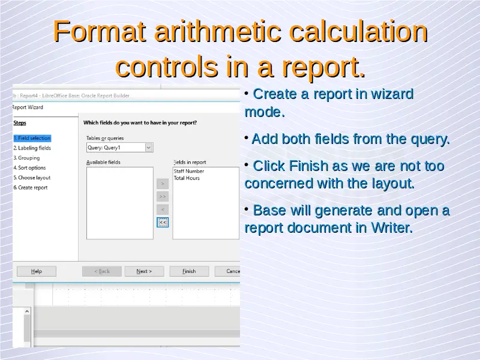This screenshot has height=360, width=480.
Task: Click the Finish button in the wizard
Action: pyautogui.click(x=189, y=271)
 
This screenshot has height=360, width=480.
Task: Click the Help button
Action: pyautogui.click(x=37, y=271)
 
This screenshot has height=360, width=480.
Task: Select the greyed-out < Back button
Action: pyautogui.click(x=102, y=271)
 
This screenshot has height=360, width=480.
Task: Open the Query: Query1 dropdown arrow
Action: pyautogui.click(x=149, y=148)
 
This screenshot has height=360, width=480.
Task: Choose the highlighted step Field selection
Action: pyautogui.click(x=32, y=138)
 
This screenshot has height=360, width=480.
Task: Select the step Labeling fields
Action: pyautogui.click(x=32, y=148)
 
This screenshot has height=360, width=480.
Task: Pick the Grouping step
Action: pyautogui.click(x=26, y=158)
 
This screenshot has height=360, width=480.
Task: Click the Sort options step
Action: pyautogui.click(x=29, y=168)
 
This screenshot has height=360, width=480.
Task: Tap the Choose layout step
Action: pyautogui.click(x=32, y=178)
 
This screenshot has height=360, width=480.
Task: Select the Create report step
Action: pyautogui.click(x=31, y=188)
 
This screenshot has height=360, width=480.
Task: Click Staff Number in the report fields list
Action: pyautogui.click(x=189, y=171)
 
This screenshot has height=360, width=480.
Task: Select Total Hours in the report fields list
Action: pyautogui.click(x=187, y=178)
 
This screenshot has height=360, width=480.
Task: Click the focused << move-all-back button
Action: pyautogui.click(x=163, y=222)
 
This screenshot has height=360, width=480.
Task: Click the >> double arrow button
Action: pyautogui.click(x=163, y=197)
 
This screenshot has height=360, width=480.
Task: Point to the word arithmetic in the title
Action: pyautogui.click(x=218, y=31)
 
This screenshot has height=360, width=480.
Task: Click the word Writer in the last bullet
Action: pyautogui.click(x=392, y=228)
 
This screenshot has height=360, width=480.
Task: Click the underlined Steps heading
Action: pyautogui.click(x=20, y=123)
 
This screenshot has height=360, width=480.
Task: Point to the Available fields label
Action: pyautogui.click(x=103, y=162)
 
